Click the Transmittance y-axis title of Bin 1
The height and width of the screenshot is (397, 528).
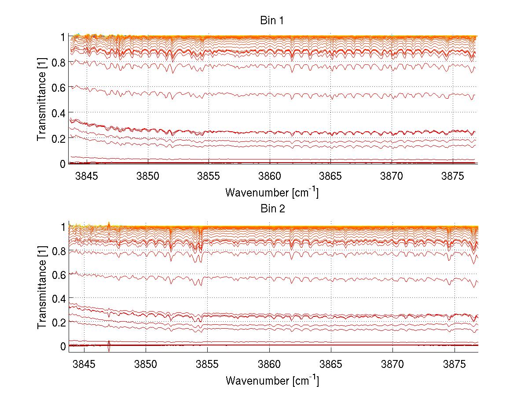click(x=41, y=100)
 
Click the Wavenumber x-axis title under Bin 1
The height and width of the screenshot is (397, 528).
click(x=271, y=193)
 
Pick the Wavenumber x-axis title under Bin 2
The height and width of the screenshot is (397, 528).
click(x=271, y=380)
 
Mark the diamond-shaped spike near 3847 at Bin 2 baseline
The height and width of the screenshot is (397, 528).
click(x=109, y=346)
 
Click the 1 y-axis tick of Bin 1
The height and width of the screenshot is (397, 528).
click(x=63, y=37)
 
